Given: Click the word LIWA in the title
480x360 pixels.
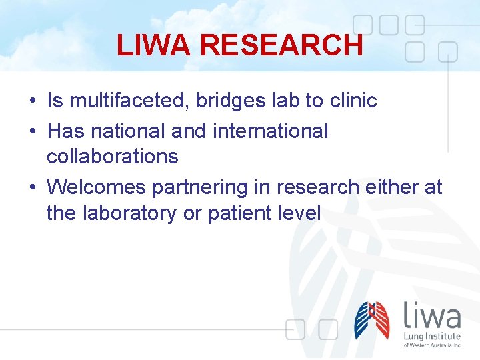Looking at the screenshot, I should (x=155, y=45).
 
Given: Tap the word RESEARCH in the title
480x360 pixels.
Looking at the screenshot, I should (x=281, y=45).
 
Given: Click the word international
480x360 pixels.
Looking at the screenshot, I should (x=270, y=131).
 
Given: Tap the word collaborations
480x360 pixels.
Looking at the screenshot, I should (x=112, y=157).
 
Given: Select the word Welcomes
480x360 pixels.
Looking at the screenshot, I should (x=97, y=187).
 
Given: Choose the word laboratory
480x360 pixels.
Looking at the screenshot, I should (x=127, y=213).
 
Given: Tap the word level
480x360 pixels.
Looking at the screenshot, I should (x=299, y=213).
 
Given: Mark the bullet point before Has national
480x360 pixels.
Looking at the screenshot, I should (x=32, y=131).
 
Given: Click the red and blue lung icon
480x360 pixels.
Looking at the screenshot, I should (x=372, y=320).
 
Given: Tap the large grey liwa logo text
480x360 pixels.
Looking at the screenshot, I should (x=432, y=315).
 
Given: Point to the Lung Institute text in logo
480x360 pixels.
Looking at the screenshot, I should (x=432, y=336).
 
